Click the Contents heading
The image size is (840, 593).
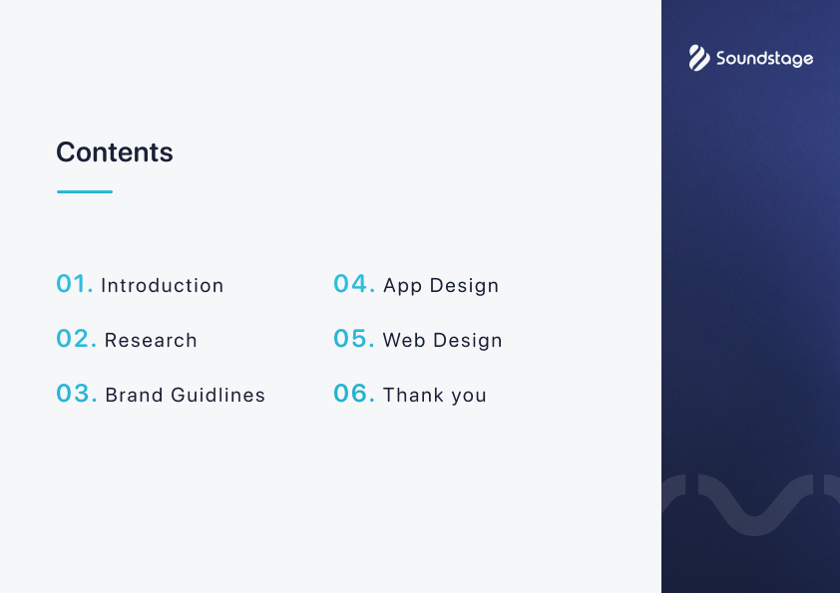115,152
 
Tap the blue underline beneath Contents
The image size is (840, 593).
85,191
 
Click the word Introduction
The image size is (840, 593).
163,285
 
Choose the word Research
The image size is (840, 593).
151,341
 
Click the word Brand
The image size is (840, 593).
134,395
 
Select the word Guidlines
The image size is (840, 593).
218,395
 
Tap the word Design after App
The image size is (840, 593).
465,286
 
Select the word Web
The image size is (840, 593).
404,341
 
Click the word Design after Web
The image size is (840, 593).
468,341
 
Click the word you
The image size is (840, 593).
469,397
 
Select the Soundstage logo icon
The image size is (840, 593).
699,58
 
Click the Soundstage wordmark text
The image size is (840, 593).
765,59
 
